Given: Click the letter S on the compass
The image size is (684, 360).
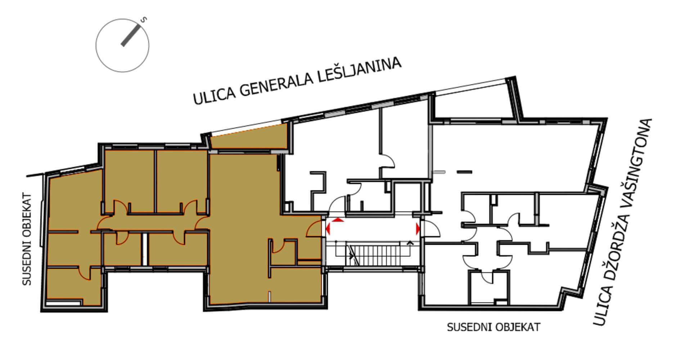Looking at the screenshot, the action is [x=144, y=20].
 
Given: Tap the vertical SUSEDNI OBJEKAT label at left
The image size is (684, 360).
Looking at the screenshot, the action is [x=27, y=240].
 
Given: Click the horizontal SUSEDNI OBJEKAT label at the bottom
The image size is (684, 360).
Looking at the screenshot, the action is [x=494, y=327].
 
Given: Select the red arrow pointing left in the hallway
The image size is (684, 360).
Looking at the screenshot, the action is [x=328, y=228].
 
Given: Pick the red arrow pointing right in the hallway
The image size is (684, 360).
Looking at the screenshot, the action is [x=418, y=229].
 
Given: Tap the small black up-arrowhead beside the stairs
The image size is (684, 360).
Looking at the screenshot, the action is [x=409, y=243].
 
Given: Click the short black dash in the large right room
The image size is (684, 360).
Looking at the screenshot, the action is [x=464, y=172].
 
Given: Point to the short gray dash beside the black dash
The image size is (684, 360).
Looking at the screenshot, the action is [x=440, y=172].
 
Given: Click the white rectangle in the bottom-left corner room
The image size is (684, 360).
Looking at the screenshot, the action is [x=63, y=303].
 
